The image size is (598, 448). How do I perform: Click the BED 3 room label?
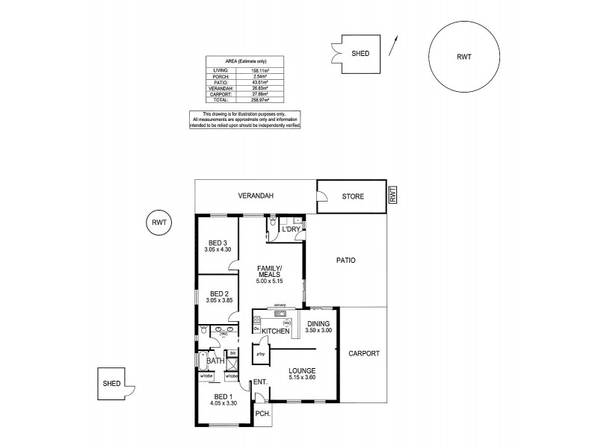pos(217,243)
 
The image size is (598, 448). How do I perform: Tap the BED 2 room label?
pos(219,293)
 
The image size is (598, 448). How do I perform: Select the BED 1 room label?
pos(224,396)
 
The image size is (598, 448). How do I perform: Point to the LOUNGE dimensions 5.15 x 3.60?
pos(303,379)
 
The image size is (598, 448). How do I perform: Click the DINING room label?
pos(318,323)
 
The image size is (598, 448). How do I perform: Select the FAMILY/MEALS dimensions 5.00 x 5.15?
pos(268,282)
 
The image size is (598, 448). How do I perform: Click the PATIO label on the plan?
pos(345,261)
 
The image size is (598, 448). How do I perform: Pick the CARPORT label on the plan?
pos(364,353)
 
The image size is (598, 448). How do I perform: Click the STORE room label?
pos(352,197)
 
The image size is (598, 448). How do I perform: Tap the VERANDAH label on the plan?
pos(256,196)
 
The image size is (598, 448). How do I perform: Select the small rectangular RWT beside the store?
pos(393,195)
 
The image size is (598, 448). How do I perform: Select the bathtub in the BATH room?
pos(202,361)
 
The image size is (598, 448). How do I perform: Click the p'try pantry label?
pos(261,353)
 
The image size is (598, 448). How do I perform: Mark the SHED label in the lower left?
pos(111,383)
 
